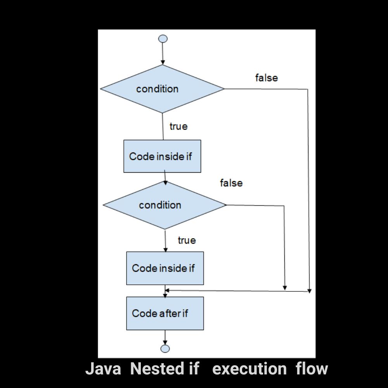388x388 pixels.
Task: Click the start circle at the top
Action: (163, 39)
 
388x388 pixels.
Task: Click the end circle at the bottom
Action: (165, 348)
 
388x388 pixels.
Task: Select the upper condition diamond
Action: (163, 89)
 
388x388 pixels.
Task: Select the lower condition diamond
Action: (165, 205)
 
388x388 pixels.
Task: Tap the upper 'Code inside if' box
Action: (162, 156)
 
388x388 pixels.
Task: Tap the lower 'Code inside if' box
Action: (165, 268)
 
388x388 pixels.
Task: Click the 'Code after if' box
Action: (165, 313)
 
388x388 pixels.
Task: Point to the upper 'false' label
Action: (267, 78)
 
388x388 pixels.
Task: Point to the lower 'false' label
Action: (231, 183)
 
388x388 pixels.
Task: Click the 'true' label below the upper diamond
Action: (178, 126)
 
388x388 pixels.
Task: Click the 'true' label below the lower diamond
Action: (187, 241)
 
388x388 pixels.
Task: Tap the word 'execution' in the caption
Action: (249, 369)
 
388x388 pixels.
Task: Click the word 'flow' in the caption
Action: (312, 369)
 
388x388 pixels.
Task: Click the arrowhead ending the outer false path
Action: (309, 290)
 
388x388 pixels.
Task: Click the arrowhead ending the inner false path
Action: (285, 288)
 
